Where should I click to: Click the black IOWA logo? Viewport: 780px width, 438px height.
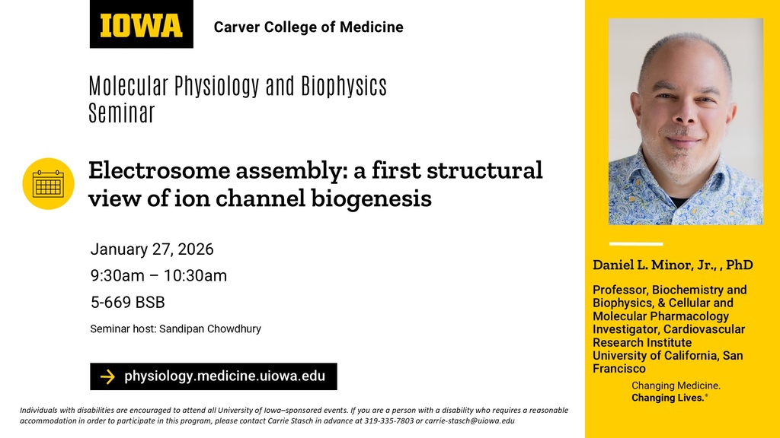click(x=141, y=25)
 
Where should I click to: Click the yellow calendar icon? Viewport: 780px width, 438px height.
click(x=48, y=183)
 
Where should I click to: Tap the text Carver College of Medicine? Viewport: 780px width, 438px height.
click(x=308, y=27)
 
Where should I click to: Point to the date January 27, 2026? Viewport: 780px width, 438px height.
click(x=152, y=249)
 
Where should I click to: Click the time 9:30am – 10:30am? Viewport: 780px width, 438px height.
click(x=158, y=276)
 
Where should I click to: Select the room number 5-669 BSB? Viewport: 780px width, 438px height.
click(x=127, y=303)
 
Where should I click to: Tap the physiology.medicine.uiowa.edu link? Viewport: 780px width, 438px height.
click(x=224, y=376)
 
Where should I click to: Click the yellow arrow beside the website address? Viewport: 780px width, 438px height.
click(x=108, y=376)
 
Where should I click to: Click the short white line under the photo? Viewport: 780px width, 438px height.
click(x=636, y=244)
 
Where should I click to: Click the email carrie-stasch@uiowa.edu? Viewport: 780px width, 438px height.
click(x=470, y=421)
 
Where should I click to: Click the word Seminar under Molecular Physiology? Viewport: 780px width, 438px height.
click(x=121, y=114)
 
